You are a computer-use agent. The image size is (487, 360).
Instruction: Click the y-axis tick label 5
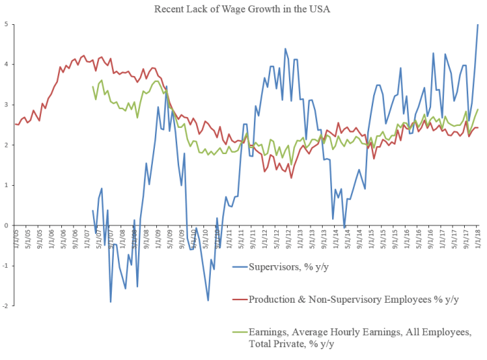pyautogui.click(x=6, y=24)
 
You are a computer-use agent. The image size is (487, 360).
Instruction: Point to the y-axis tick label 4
pyautogui.click(x=6, y=65)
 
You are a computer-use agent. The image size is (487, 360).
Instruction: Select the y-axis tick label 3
pyautogui.click(x=6, y=105)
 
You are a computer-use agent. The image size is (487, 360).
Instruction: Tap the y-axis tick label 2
pyautogui.click(x=6, y=145)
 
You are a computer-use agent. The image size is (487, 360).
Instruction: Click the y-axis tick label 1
pyautogui.click(x=6, y=186)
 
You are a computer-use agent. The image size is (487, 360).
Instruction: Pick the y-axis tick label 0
pyautogui.click(x=6, y=225)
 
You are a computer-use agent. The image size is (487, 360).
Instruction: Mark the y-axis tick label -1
pyautogui.click(x=5, y=266)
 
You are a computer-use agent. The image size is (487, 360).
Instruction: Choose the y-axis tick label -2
pyautogui.click(x=5, y=306)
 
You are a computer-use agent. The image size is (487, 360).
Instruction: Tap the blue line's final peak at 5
pyautogui.click(x=478, y=25)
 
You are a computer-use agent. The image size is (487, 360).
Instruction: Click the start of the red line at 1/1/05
pyautogui.click(x=15, y=124)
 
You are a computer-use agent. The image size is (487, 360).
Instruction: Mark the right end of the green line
pyautogui.click(x=478, y=110)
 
